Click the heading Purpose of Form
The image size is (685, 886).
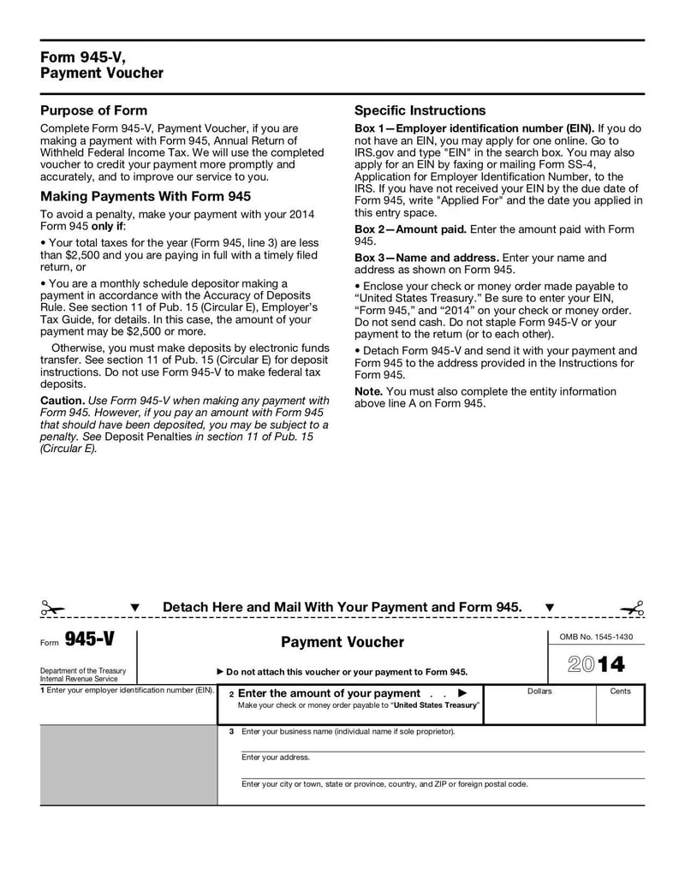94,110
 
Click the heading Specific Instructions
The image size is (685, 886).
420,110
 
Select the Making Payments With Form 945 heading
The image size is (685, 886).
146,196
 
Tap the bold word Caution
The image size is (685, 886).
63,401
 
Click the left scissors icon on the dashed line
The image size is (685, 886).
51,609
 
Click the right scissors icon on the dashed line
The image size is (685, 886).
632,609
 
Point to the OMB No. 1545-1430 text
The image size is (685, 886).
596,637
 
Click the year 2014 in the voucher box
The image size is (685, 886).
596,664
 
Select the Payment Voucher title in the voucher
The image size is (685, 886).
342,642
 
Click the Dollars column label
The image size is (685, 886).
539,691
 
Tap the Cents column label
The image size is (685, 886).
620,691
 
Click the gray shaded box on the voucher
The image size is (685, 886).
128,764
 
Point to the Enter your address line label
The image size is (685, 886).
276,757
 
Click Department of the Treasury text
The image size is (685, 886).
83,670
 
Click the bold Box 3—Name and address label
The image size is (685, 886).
426,258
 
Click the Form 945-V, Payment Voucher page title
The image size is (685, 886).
101,65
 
